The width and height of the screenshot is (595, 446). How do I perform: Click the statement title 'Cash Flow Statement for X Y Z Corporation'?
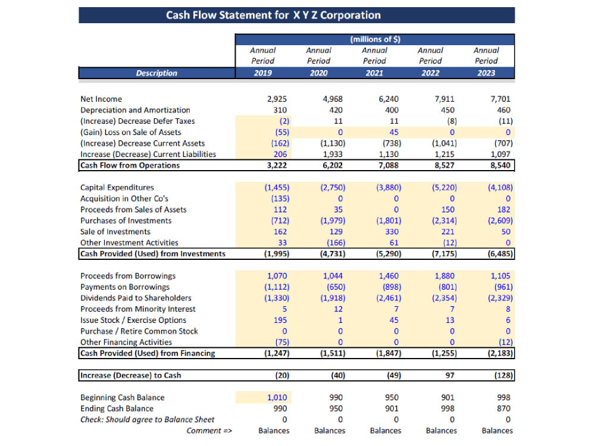pyautogui.click(x=273, y=15)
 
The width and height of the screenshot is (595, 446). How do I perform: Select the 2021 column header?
pyautogui.click(x=374, y=73)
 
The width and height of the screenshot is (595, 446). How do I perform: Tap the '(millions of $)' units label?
pyautogui.click(x=375, y=39)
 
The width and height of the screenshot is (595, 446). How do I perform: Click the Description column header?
pyautogui.click(x=156, y=73)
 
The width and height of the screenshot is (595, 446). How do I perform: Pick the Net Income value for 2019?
pyautogui.click(x=277, y=99)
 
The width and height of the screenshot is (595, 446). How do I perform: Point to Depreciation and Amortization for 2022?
pyautogui.click(x=447, y=110)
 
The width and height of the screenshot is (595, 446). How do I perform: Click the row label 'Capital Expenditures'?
pyautogui.click(x=117, y=187)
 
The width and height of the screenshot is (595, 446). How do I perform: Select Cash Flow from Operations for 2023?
pyautogui.click(x=500, y=165)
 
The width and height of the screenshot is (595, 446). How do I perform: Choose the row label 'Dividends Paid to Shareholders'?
pyautogui.click(x=136, y=298)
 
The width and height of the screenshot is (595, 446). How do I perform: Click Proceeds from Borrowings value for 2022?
pyautogui.click(x=444, y=276)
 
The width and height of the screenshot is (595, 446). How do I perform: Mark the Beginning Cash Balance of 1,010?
pyautogui.click(x=277, y=397)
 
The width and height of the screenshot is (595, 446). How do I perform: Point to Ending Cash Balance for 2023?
pyautogui.click(x=503, y=409)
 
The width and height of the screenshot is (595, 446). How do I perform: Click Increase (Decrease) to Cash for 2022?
pyautogui.click(x=450, y=375)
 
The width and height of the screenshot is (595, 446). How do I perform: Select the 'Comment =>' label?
pyautogui.click(x=209, y=431)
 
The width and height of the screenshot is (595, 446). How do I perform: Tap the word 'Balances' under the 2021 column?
pyautogui.click(x=386, y=431)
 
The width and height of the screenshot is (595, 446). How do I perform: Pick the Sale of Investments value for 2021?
pyautogui.click(x=392, y=232)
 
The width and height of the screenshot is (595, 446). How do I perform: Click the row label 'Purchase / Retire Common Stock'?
pyautogui.click(x=139, y=331)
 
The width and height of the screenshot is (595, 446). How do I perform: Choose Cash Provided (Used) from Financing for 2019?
pyautogui.click(x=277, y=353)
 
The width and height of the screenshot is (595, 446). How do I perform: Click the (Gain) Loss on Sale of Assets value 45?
pyautogui.click(x=394, y=133)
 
